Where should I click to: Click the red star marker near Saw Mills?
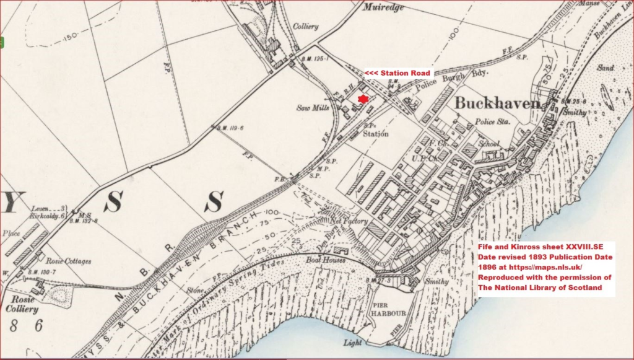363,99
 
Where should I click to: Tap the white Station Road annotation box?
397,73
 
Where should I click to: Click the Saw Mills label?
314,107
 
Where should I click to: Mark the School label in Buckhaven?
489,144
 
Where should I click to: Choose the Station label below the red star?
376,133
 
